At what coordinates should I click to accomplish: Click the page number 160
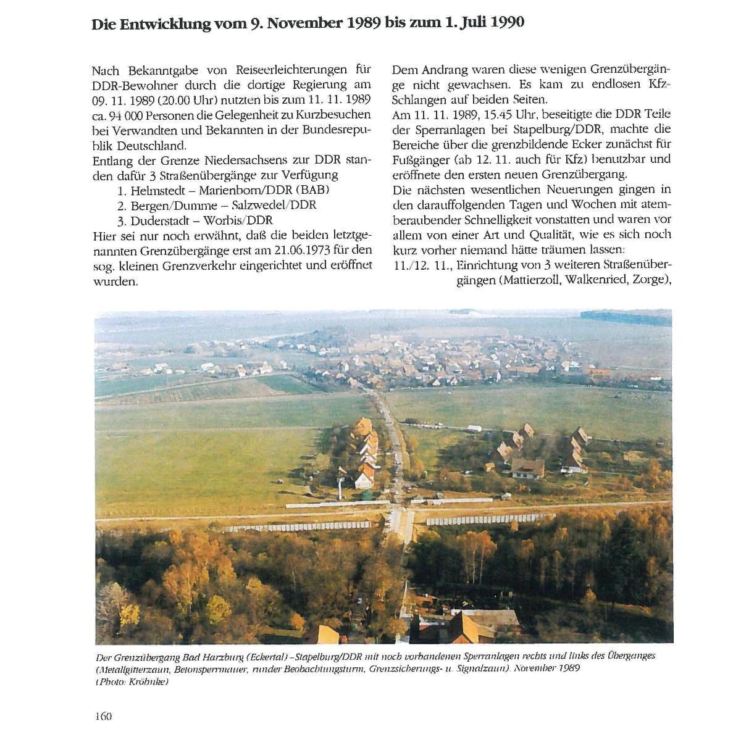[x=102, y=716]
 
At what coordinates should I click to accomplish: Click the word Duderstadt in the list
[x=160, y=220]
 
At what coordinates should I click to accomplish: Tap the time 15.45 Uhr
[x=489, y=115]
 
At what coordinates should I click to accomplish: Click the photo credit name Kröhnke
[x=150, y=681]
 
